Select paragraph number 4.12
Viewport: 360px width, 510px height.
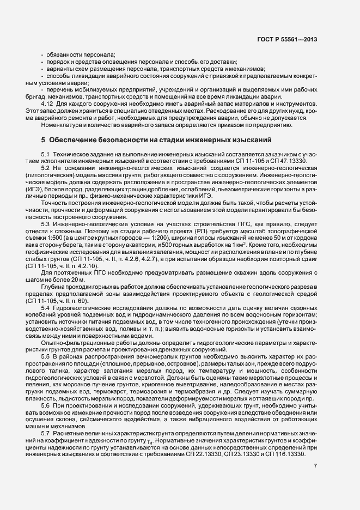coord(48,103)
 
